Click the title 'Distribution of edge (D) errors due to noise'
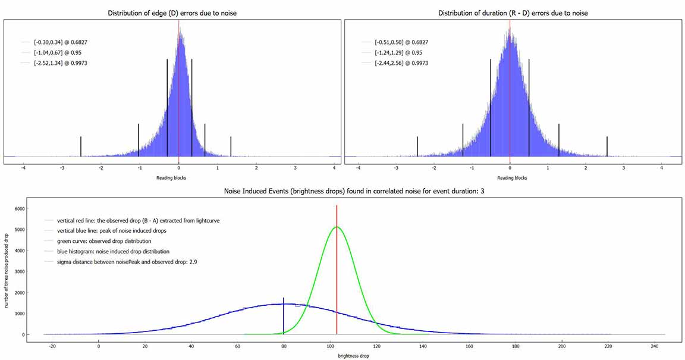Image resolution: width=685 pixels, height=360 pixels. coord(172,13)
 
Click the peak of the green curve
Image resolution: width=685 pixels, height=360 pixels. coord(337,227)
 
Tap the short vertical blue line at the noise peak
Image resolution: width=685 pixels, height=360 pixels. coord(284,315)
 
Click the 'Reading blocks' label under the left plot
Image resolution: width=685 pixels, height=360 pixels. coord(171,178)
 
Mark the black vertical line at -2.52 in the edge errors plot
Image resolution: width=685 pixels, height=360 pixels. coord(81,146)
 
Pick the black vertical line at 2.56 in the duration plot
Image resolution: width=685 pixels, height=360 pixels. coord(607,146)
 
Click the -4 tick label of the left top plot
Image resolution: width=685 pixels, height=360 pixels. coord(23,168)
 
